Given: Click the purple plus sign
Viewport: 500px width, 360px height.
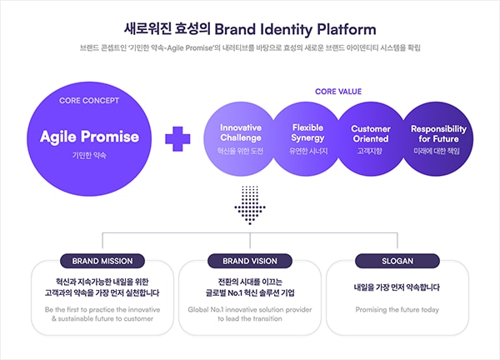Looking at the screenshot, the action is click(x=177, y=138).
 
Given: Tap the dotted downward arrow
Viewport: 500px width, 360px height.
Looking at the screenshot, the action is click(x=250, y=205).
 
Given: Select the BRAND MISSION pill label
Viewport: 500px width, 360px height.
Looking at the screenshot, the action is click(x=102, y=261).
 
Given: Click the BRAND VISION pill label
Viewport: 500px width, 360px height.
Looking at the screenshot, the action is click(x=250, y=261).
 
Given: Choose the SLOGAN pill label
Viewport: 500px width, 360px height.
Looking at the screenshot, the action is click(x=397, y=261).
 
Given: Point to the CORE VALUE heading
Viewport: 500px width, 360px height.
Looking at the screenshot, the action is click(x=338, y=92).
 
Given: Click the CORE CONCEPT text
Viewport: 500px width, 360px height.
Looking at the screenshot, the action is click(x=89, y=101).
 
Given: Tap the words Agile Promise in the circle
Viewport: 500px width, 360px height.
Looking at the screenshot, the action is click(x=90, y=137).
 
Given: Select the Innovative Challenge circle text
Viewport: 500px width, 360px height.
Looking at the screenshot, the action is click(x=241, y=132).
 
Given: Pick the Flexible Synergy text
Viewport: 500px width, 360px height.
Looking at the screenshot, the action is click(x=307, y=132).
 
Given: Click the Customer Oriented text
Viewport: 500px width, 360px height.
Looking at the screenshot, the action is click(x=371, y=133).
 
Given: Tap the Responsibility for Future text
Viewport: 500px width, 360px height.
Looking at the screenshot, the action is click(x=438, y=133).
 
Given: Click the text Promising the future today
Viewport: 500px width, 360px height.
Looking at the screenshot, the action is click(x=397, y=310).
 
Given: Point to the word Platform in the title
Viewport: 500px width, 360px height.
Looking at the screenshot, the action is click(x=347, y=29).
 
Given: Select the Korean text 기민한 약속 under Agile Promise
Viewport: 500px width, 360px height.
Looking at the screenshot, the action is click(x=89, y=156).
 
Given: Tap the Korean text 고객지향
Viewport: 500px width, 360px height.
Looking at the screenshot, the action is click(x=370, y=151).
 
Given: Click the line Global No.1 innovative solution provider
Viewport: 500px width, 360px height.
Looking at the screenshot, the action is click(x=250, y=310).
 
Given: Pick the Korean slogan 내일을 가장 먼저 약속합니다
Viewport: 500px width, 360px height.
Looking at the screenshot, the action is click(x=397, y=287).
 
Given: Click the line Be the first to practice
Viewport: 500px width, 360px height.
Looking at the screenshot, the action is click(x=102, y=310).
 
